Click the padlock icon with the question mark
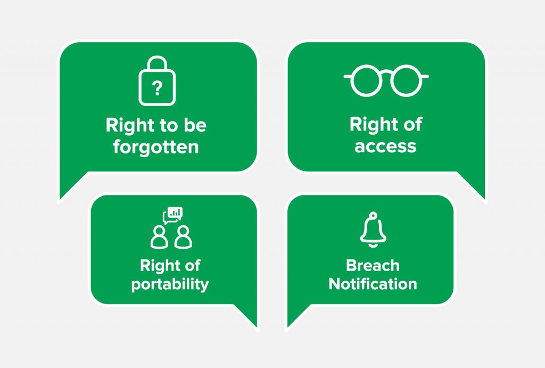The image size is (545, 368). pos(157,81)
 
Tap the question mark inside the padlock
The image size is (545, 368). pos(158,88)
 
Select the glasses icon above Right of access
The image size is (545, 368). pos(386,80)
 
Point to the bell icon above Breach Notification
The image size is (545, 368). pos(373,230)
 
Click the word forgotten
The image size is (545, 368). pos(156,147)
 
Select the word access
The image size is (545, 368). pos(385,146)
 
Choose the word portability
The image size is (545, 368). pos(170,284)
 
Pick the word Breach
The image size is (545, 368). pos(373,265)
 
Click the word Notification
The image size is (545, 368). pos(373,284)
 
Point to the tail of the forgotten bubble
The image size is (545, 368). pos(71,184)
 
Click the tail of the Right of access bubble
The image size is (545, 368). pos(473,184)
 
